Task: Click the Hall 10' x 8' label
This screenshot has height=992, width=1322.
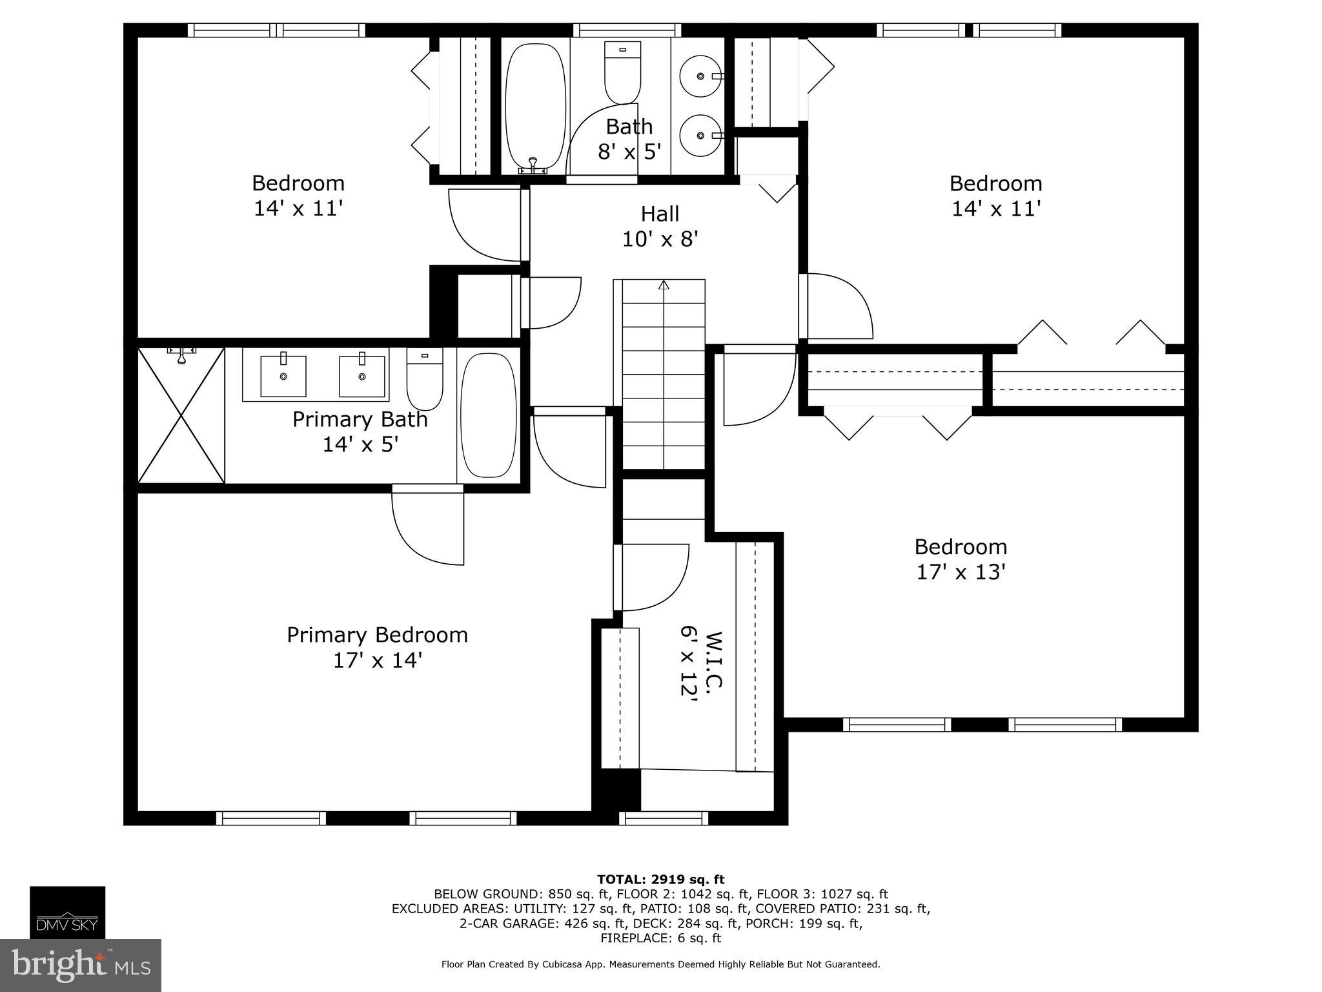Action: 660,226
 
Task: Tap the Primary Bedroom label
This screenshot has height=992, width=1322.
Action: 377,635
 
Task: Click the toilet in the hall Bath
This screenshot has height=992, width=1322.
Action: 622,71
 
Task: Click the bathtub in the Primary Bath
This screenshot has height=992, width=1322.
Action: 489,414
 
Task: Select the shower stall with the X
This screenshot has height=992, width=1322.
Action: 181,415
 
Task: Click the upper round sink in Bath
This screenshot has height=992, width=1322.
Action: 701,76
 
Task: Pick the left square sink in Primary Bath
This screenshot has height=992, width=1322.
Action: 283,376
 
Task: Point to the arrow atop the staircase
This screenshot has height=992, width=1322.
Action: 664,285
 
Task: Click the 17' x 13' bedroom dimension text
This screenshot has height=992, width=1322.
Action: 961,572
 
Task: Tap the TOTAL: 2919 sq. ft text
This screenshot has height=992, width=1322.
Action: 660,879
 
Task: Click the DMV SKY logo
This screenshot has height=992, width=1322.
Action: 67,912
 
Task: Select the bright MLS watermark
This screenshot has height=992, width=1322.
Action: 81,965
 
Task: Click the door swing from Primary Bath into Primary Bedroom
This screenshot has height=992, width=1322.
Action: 427,526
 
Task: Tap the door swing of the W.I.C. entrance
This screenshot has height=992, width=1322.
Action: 652,577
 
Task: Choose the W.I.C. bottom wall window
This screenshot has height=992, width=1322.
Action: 664,818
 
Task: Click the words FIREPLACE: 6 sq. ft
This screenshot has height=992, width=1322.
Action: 660,938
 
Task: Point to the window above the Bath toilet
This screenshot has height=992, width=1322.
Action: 627,30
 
